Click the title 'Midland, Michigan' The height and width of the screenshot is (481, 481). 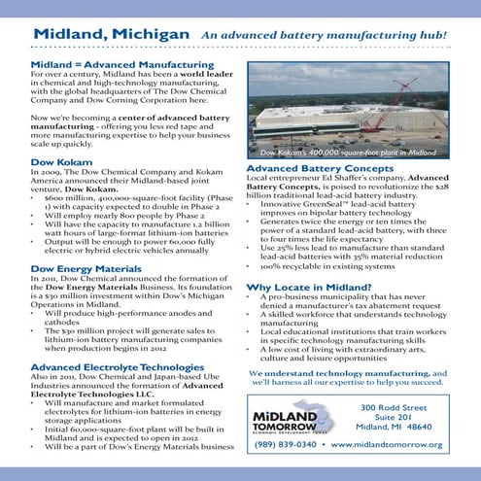[111, 34]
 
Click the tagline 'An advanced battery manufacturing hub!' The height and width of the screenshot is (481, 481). [325, 35]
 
